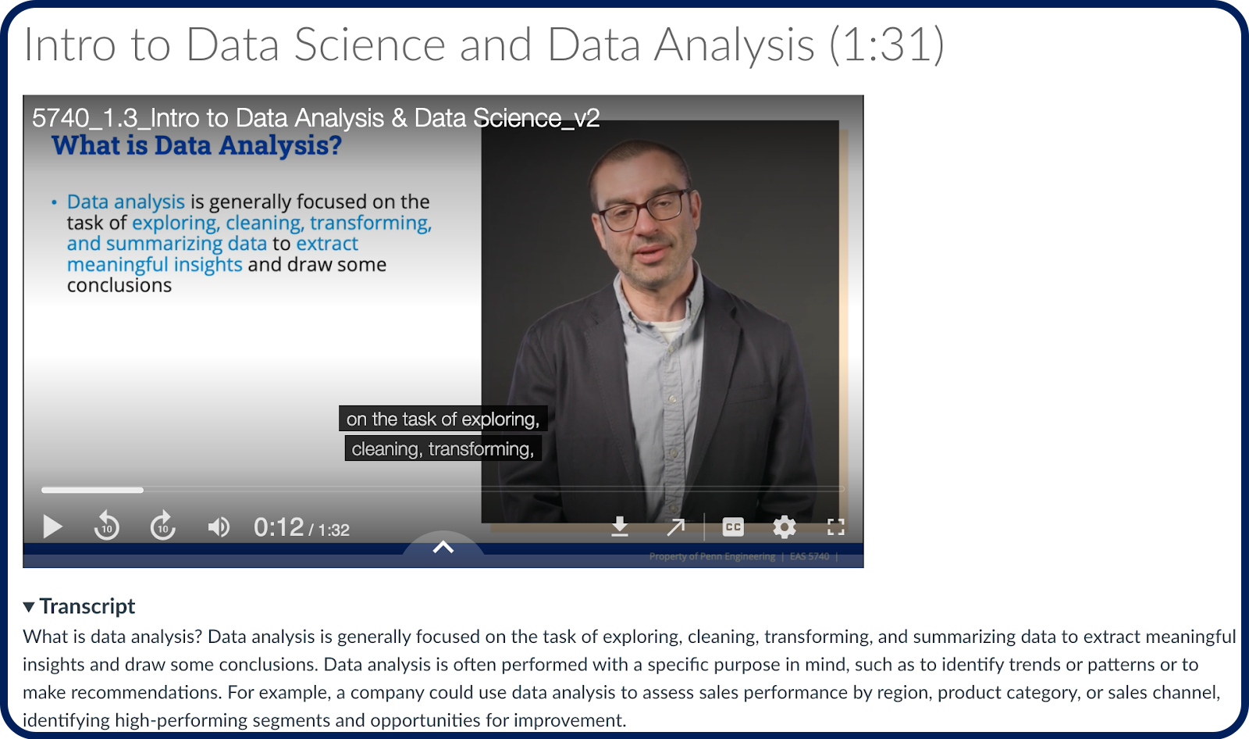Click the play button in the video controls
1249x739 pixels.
coord(52,527)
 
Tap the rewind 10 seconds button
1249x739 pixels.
coord(106,526)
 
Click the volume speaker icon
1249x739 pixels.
coord(219,527)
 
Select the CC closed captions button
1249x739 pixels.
coord(733,527)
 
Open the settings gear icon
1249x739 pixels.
coord(784,527)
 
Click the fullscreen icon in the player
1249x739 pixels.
coord(835,527)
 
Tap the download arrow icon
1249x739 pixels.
coord(620,527)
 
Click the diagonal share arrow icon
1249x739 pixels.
coord(676,527)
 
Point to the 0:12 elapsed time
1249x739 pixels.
coord(279,527)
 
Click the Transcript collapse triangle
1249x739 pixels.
coord(29,607)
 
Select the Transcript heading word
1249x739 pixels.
coord(87,606)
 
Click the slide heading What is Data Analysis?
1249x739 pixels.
coord(197,145)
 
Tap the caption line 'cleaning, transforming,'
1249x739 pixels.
coord(443,448)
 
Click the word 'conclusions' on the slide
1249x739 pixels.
coord(119,285)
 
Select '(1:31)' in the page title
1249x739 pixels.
coord(887,45)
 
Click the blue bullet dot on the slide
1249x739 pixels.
coord(54,202)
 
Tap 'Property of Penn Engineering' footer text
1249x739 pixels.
coord(712,556)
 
